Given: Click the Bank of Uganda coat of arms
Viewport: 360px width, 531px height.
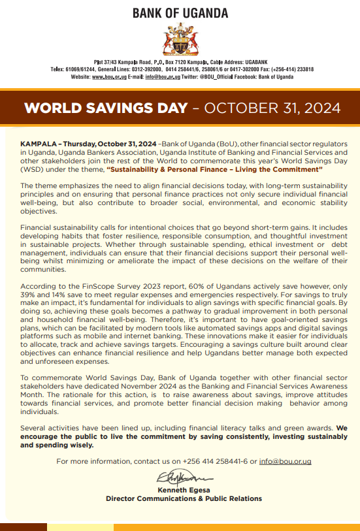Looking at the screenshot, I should [x=180, y=39].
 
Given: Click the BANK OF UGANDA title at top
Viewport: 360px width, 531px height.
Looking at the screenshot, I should [x=180, y=13].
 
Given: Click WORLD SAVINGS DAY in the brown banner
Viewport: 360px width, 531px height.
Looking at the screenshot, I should [x=105, y=108].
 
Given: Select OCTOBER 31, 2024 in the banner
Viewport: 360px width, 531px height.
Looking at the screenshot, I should [x=272, y=108].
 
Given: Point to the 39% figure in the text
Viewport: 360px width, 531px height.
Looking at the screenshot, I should [x=29, y=295].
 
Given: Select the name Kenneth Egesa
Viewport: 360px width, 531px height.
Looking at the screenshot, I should [x=184, y=490].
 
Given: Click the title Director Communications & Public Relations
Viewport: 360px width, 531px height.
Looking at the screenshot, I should [x=184, y=498].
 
